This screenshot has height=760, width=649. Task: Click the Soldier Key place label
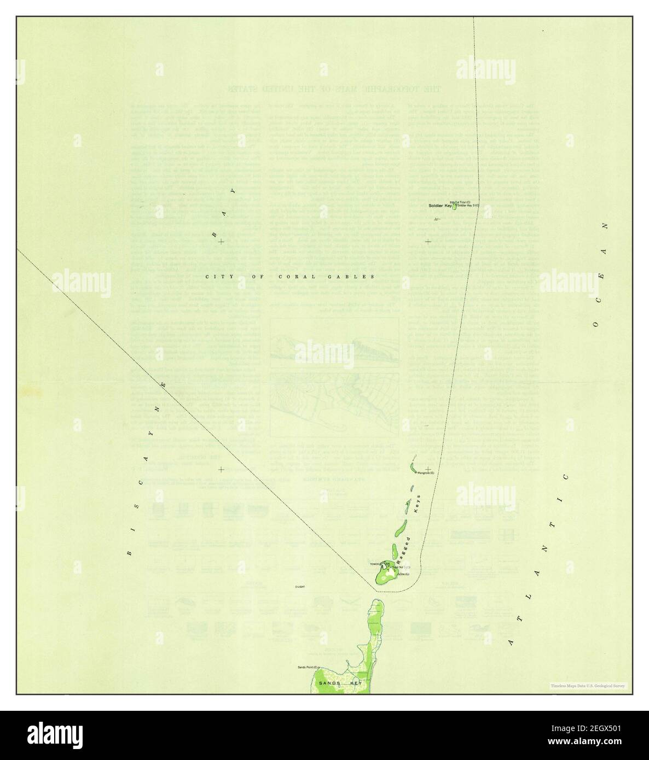(x=440, y=206)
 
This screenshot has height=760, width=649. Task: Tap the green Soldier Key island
(x=454, y=206)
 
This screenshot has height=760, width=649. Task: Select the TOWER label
(x=375, y=564)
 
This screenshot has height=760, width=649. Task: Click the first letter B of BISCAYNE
(x=129, y=552)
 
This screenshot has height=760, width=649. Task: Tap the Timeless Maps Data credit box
(x=588, y=686)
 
